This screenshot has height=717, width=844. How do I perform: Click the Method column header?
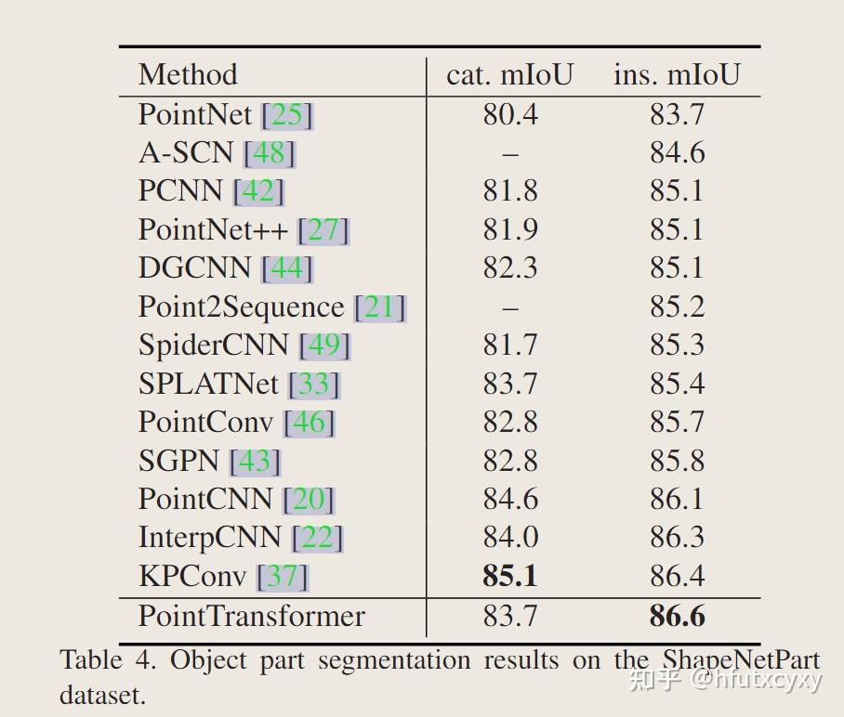point(188,74)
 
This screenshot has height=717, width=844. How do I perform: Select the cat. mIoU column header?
point(509,74)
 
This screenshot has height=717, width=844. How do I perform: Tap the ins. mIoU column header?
point(677,74)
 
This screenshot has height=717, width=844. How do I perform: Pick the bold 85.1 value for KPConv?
point(509,577)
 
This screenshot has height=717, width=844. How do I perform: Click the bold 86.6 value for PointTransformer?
point(677,616)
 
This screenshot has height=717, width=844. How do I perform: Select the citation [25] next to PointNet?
point(287,114)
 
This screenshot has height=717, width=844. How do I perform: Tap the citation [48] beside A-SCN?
point(269,152)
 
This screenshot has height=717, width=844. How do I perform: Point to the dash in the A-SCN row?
point(509,153)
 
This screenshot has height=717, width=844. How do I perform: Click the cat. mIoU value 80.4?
point(509,114)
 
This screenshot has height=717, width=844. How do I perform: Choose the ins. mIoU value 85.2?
point(677,306)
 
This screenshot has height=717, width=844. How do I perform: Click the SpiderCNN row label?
point(213,345)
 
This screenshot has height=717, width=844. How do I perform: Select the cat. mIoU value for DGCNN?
point(509,267)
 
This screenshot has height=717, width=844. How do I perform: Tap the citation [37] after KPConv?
point(282,577)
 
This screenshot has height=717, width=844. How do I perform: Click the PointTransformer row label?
point(252,616)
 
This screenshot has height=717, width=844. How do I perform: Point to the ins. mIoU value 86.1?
point(677,500)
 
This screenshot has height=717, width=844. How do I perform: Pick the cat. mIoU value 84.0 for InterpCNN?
point(509,538)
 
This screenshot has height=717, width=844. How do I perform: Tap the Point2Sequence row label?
point(241,306)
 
